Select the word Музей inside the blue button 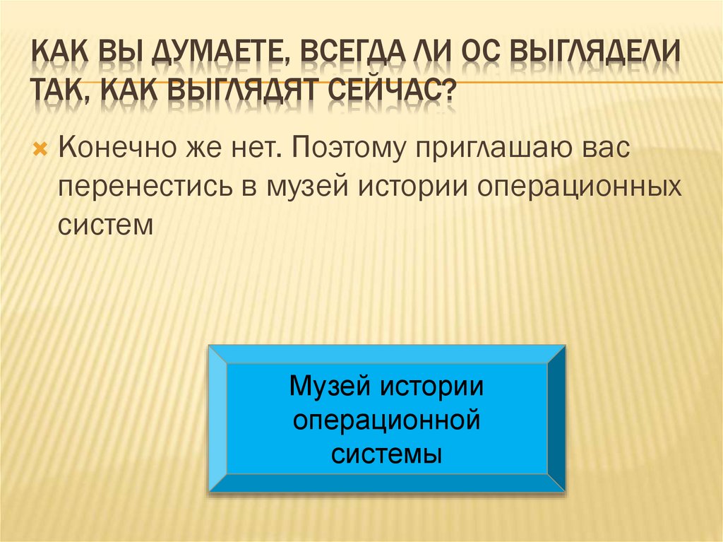330,388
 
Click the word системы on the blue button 387,453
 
